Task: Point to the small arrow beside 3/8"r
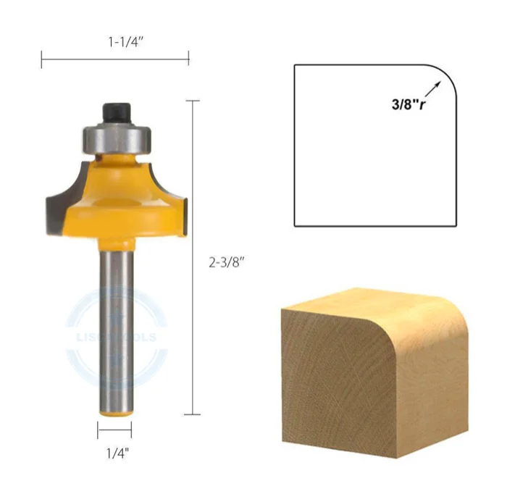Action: [x=434, y=89]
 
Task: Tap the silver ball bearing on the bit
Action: [x=115, y=137]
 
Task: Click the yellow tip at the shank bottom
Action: [x=115, y=411]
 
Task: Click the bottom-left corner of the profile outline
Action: [x=295, y=225]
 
